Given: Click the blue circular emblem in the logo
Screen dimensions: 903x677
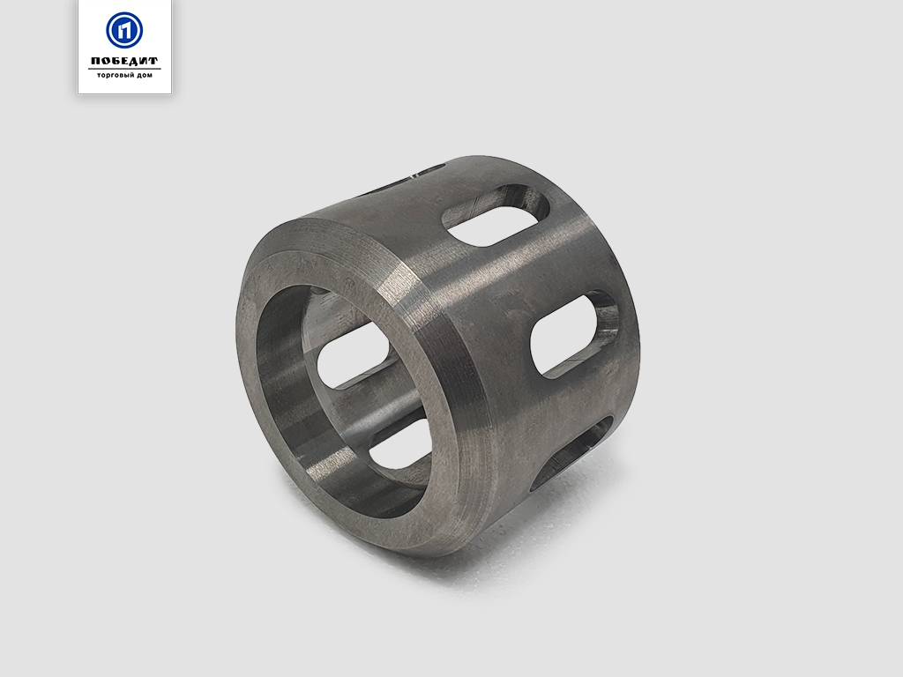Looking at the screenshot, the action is click(124, 30).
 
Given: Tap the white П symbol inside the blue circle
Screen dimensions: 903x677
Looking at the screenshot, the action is click(124, 30).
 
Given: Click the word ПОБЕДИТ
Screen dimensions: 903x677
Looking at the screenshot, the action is click(124, 61).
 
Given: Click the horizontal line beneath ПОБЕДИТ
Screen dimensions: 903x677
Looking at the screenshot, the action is click(124, 69).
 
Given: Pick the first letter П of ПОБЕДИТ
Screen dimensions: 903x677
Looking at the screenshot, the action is click(95, 61).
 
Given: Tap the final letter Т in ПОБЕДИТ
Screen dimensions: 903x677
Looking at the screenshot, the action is click(153, 61).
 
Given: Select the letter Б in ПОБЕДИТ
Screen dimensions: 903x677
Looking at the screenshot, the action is click(116, 61).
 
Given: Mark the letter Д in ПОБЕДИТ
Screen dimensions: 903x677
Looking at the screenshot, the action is click(134, 61).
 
